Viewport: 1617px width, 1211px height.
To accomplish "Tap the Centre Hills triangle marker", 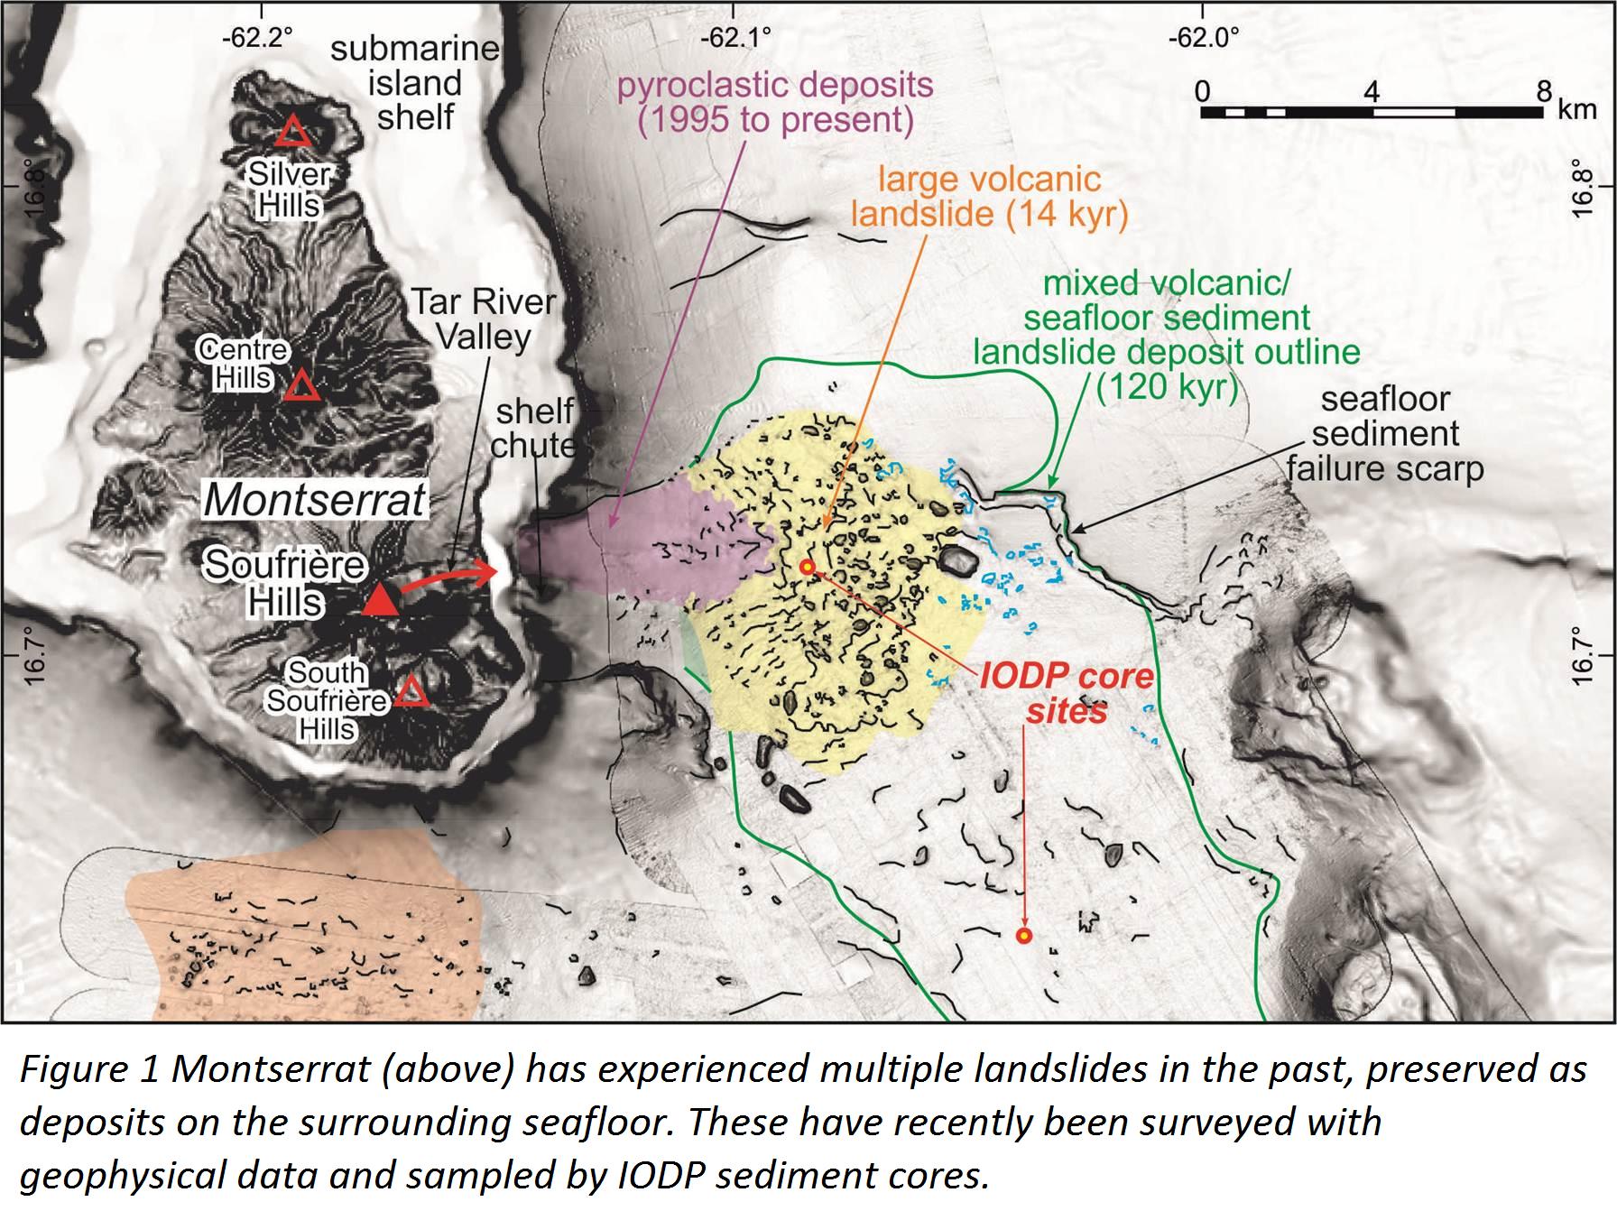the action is click(x=300, y=387).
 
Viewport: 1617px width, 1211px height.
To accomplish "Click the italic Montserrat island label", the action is click(x=314, y=500).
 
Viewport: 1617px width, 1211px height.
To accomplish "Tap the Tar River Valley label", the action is click(x=484, y=319).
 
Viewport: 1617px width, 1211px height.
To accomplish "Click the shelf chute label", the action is click(x=534, y=428).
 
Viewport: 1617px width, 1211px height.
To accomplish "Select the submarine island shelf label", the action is click(x=415, y=82).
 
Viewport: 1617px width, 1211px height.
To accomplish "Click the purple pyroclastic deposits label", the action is click(x=774, y=102).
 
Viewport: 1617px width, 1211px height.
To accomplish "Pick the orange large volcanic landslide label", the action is click(x=989, y=196).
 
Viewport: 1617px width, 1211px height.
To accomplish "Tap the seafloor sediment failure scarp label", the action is click(x=1385, y=433).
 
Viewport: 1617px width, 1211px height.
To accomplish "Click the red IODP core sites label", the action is click(x=1067, y=693).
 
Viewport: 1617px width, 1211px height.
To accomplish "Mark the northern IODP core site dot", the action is click(x=808, y=567).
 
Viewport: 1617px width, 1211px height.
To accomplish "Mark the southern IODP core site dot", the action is click(x=1023, y=936).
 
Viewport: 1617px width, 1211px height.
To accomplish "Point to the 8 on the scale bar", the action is click(x=1544, y=91).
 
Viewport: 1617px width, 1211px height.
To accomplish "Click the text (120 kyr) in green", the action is click(x=1166, y=386).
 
